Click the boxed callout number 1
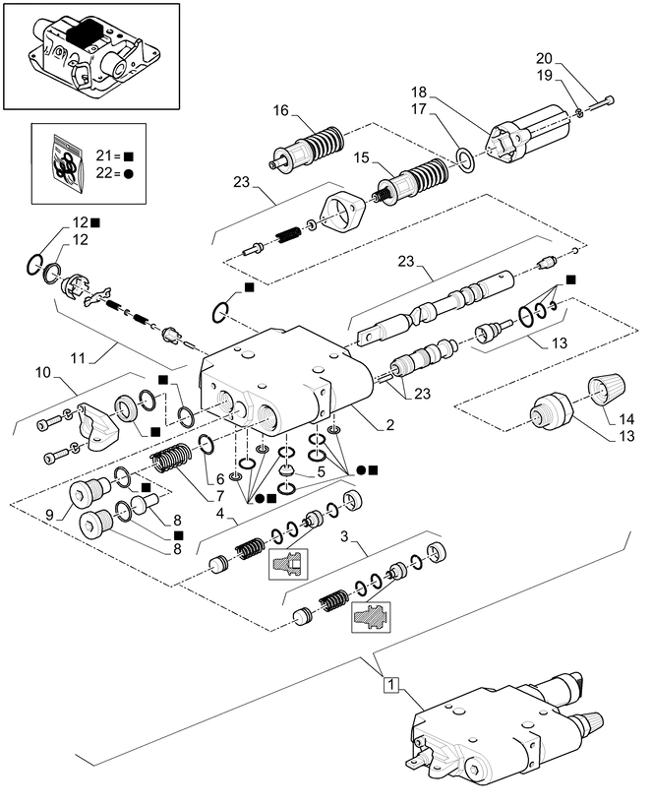(391, 684)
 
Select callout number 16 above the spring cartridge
(281, 111)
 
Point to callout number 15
(361, 157)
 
